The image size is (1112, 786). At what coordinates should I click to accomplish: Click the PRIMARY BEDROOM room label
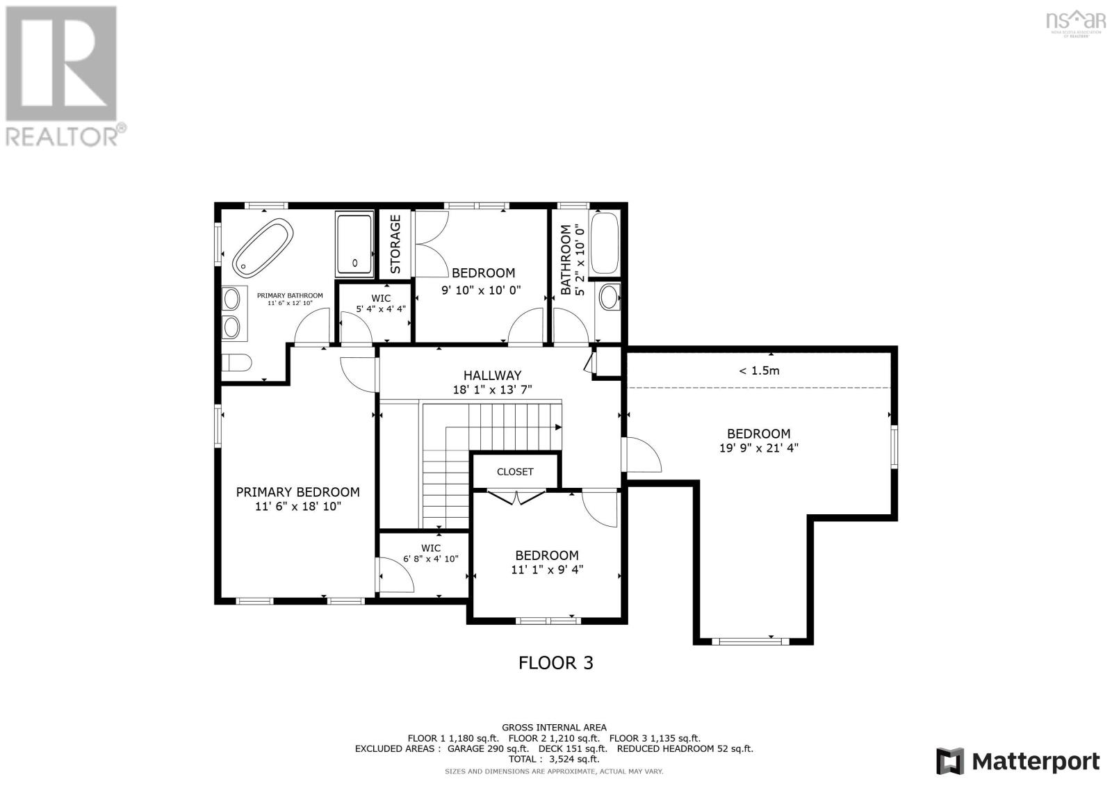297,492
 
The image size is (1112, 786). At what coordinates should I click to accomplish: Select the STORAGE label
395,243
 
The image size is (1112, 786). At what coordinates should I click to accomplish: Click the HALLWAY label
492,375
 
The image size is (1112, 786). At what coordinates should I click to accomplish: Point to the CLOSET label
515,472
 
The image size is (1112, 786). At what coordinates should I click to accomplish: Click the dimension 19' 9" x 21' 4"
758,448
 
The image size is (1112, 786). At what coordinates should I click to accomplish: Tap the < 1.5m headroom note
758,371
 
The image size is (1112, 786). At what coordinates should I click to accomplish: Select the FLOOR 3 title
556,663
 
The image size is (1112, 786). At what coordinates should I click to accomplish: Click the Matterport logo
1018,761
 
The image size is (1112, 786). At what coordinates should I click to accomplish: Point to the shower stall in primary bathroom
355,243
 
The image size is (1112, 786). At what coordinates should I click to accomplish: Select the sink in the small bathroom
609,297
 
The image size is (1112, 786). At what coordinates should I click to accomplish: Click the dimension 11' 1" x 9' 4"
546,570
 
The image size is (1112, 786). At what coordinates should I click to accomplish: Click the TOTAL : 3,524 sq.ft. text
554,760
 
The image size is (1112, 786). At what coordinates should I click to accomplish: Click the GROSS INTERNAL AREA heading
554,728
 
